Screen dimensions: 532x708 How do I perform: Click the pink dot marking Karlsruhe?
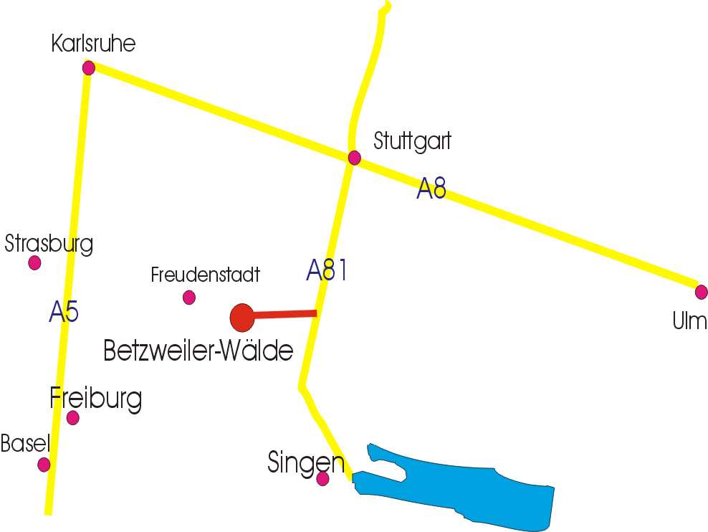pos(89,68)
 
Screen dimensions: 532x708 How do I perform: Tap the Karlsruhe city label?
pos(93,44)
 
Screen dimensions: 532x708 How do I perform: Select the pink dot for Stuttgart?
pos(354,158)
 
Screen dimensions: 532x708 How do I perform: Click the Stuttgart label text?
pos(412,141)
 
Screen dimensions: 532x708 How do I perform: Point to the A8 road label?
pos(431,189)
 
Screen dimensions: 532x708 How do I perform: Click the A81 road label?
pos(327,270)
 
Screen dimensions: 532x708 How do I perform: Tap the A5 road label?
pos(64,312)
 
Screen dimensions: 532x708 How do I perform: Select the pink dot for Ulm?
pos(701,292)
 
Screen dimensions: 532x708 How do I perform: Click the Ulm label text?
pos(689,321)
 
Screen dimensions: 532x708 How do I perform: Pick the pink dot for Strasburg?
pos(34,262)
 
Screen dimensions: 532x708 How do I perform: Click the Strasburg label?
pos(49,244)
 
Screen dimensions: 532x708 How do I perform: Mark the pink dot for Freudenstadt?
pos(189,297)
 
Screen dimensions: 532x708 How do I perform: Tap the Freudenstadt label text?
pos(205,275)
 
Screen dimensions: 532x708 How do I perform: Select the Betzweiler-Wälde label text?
pos(198,351)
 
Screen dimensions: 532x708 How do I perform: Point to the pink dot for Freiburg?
pos(72,418)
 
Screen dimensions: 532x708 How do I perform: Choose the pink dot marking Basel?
pos(44,465)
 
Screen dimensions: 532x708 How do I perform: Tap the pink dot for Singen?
pos(322,478)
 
